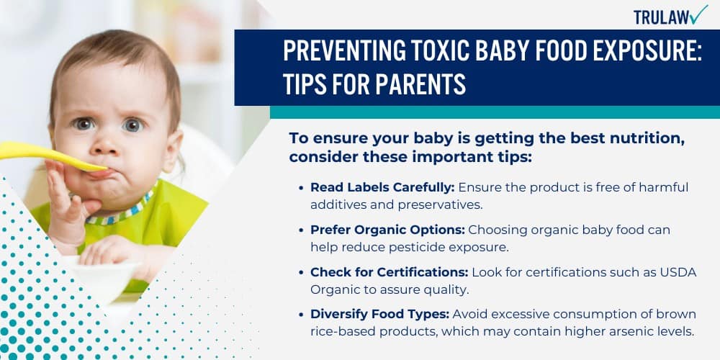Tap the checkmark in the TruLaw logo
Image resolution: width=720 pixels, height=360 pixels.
coord(699,14)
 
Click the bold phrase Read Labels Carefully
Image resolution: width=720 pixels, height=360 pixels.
coord(382,187)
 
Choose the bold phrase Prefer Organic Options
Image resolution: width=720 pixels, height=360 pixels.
coord(387,230)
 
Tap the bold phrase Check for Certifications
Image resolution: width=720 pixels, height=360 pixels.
coord(388,272)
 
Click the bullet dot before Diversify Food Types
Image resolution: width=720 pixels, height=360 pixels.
coord(300,315)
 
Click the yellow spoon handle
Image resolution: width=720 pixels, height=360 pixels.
coord(36,152)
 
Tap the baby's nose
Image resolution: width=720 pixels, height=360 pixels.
coord(108,144)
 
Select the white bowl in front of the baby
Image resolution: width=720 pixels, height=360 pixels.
coord(108,277)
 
